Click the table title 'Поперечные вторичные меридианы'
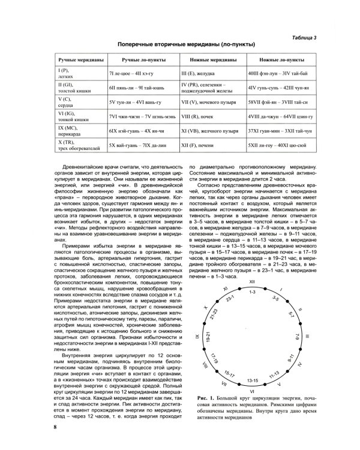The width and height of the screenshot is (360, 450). [179, 45]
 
